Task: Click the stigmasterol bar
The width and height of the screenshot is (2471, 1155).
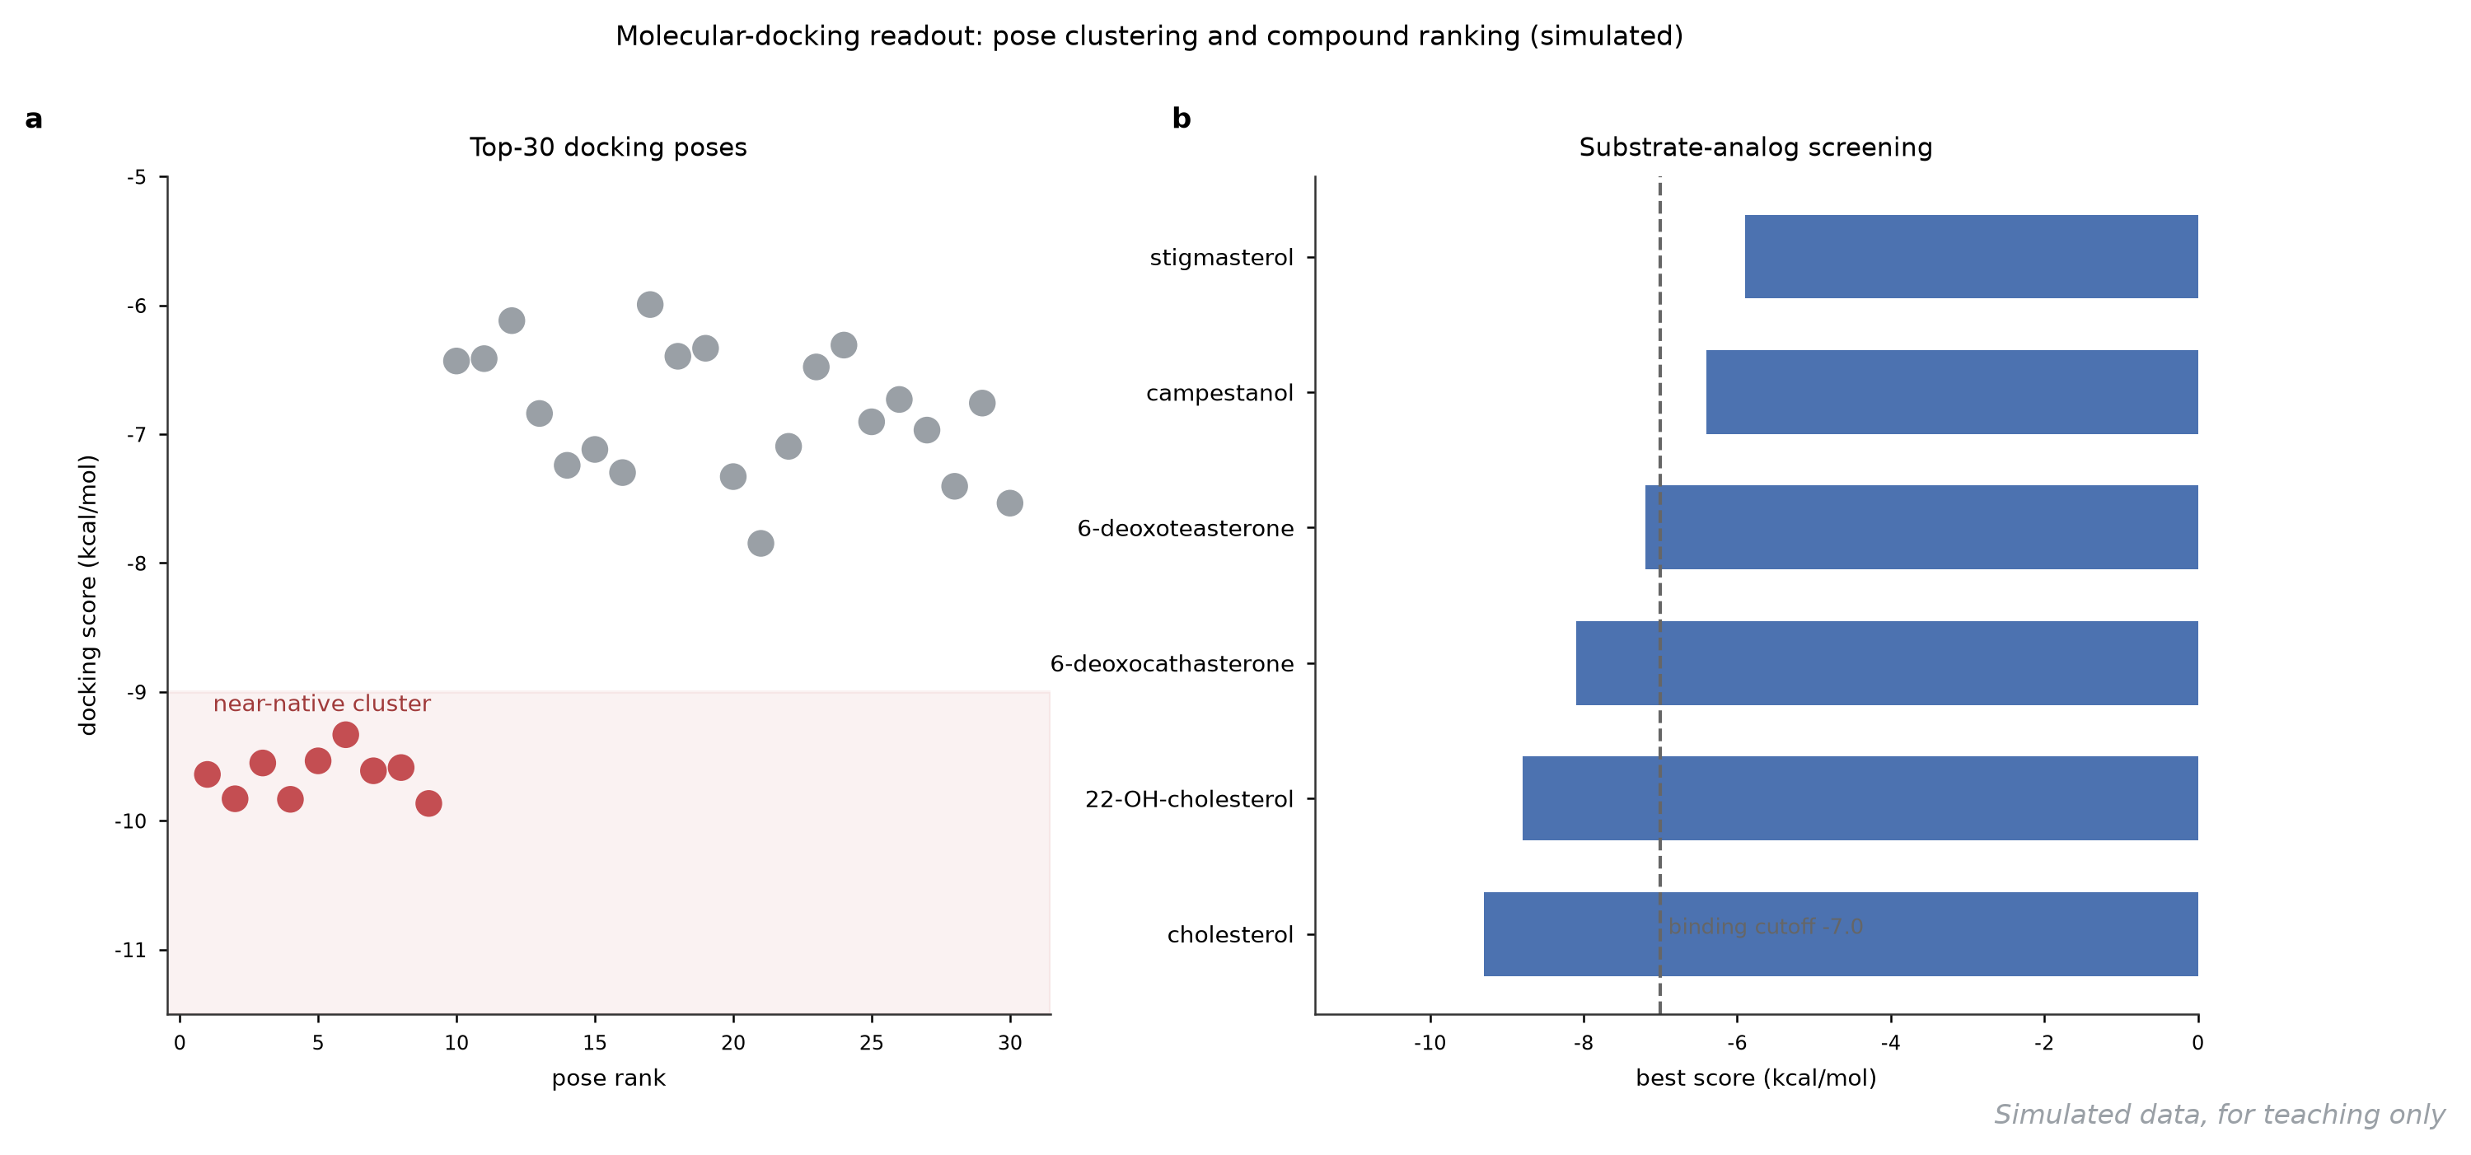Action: pyautogui.click(x=1971, y=257)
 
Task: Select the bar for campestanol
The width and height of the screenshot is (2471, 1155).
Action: pyautogui.click(x=1952, y=392)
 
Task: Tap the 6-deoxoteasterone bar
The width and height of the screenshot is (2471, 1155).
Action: pyautogui.click(x=1921, y=527)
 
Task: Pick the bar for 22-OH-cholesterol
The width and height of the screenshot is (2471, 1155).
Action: pyautogui.click(x=1860, y=798)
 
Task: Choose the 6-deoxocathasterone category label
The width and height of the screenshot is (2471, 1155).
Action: pyautogui.click(x=1172, y=664)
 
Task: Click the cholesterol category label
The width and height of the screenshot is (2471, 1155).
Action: pyautogui.click(x=1231, y=934)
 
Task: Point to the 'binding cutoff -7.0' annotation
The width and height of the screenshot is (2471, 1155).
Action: pyautogui.click(x=1766, y=927)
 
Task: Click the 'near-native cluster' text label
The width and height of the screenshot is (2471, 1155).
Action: pyautogui.click(x=322, y=704)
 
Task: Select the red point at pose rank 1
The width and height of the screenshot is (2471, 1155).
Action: pyautogui.click(x=207, y=774)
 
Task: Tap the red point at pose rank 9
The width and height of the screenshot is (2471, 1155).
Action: pyautogui.click(x=428, y=803)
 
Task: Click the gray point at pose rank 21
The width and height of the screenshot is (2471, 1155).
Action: pyautogui.click(x=760, y=543)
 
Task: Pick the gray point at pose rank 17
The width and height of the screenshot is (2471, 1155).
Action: pyautogui.click(x=650, y=304)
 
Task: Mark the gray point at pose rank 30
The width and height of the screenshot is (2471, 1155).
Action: pyautogui.click(x=1010, y=503)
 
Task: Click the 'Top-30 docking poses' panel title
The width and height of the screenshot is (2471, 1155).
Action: pyautogui.click(x=608, y=147)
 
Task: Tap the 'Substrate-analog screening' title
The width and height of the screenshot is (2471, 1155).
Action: pyautogui.click(x=1756, y=147)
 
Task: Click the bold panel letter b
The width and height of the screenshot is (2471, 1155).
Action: pyautogui.click(x=1182, y=118)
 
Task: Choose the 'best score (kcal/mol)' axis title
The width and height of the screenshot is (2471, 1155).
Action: pyautogui.click(x=1757, y=1078)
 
